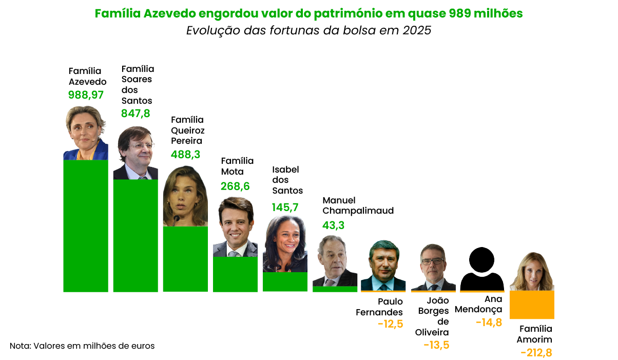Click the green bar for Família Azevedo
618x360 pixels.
tap(86, 226)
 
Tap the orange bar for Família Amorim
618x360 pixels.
tap(532, 305)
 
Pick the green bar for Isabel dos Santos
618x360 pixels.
tap(285, 281)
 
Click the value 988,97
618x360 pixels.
tap(86, 95)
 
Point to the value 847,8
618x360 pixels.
tap(136, 113)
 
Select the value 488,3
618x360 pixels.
tap(185, 154)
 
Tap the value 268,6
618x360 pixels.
tap(235, 186)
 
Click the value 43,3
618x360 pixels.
tap(334, 225)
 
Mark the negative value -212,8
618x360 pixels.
tap(536, 353)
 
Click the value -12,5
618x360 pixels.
tap(390, 324)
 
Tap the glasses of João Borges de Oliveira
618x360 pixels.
tap(432, 261)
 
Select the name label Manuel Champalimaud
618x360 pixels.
tap(358, 205)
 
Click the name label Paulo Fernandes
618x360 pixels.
tap(379, 307)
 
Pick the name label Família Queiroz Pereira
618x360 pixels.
tap(187, 130)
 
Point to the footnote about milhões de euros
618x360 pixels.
tap(82, 346)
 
